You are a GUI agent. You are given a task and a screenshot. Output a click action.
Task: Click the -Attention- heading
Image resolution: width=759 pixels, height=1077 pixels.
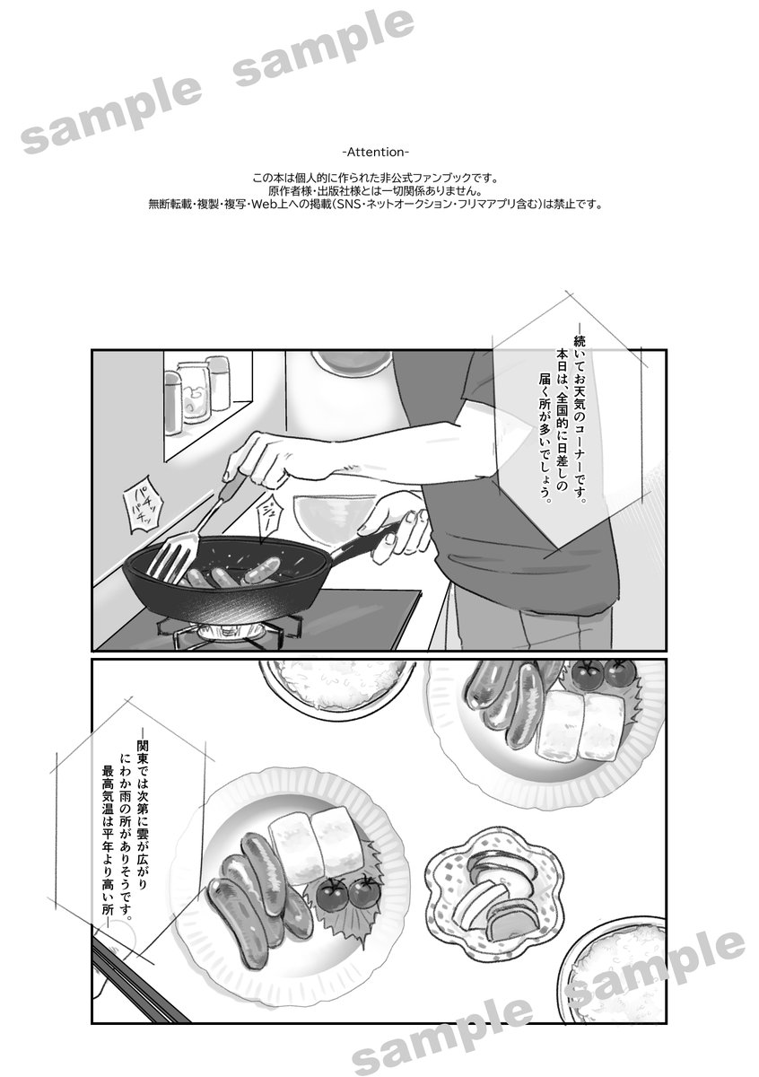pyautogui.click(x=375, y=153)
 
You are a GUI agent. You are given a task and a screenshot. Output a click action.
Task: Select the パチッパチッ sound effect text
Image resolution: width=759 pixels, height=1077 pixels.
pyautogui.click(x=144, y=503)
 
